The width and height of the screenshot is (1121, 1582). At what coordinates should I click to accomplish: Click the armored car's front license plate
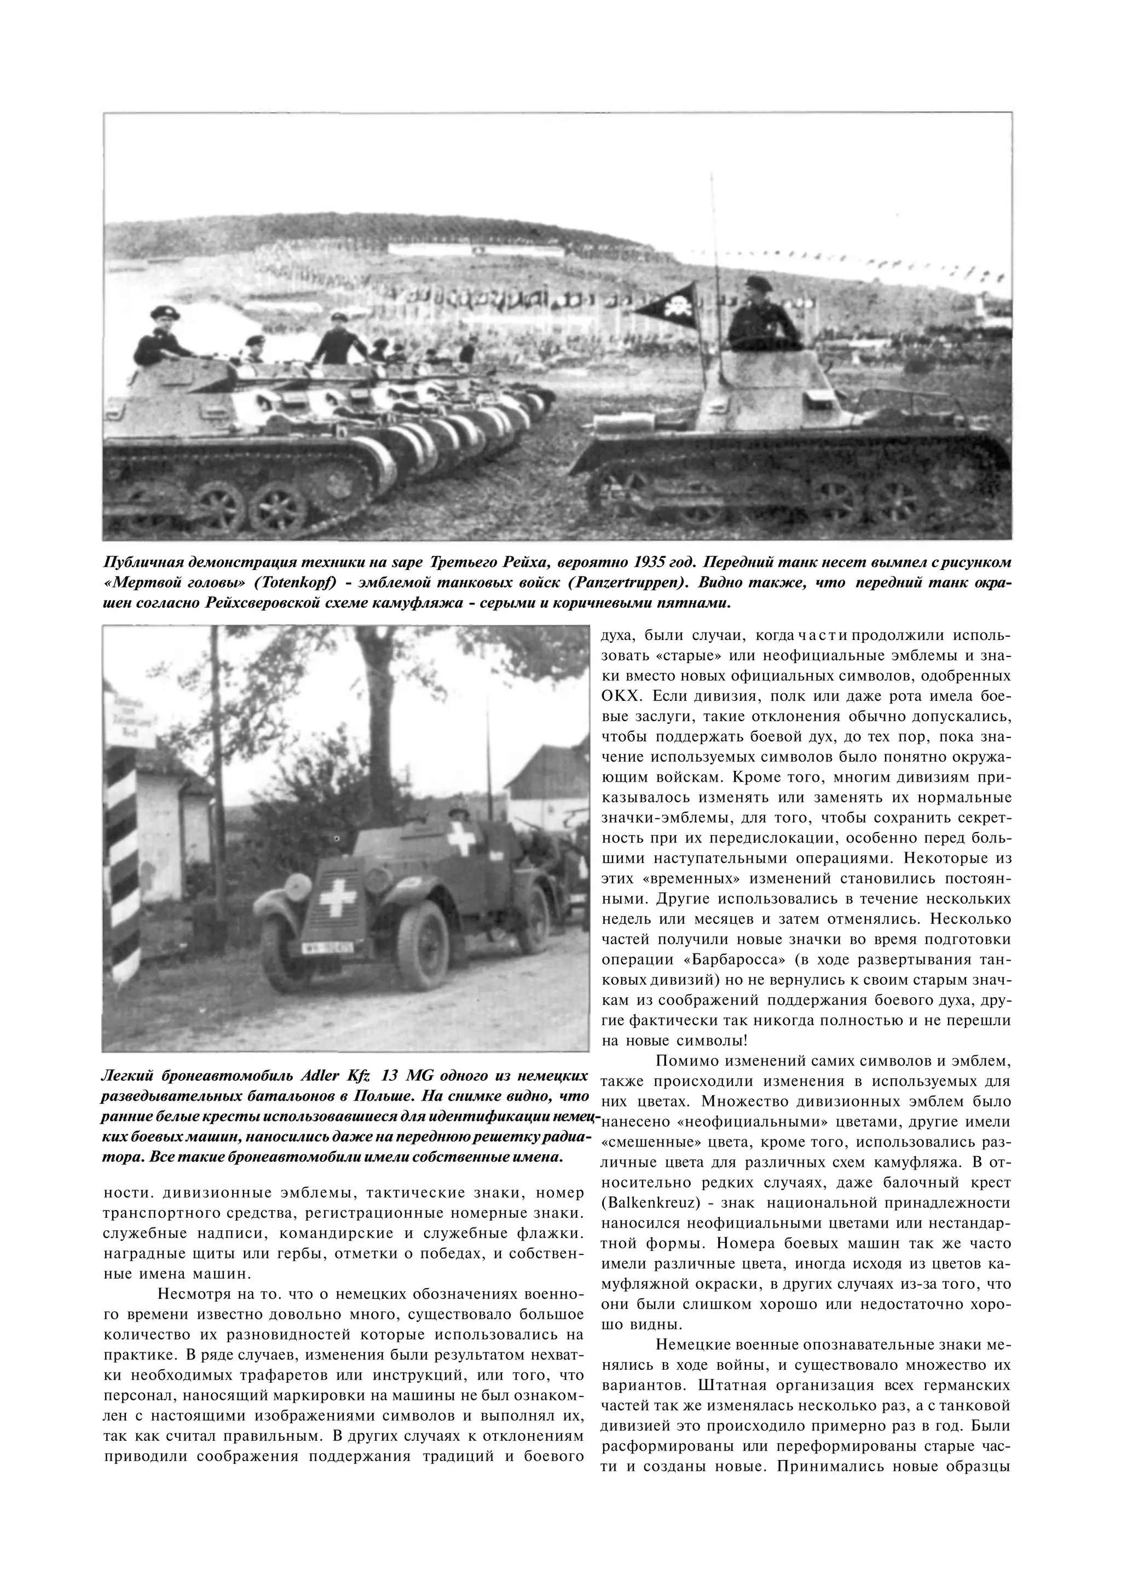coord(328,947)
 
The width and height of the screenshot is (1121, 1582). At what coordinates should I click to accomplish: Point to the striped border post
coord(124,863)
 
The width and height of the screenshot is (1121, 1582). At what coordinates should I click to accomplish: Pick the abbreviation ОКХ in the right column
coord(621,695)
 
